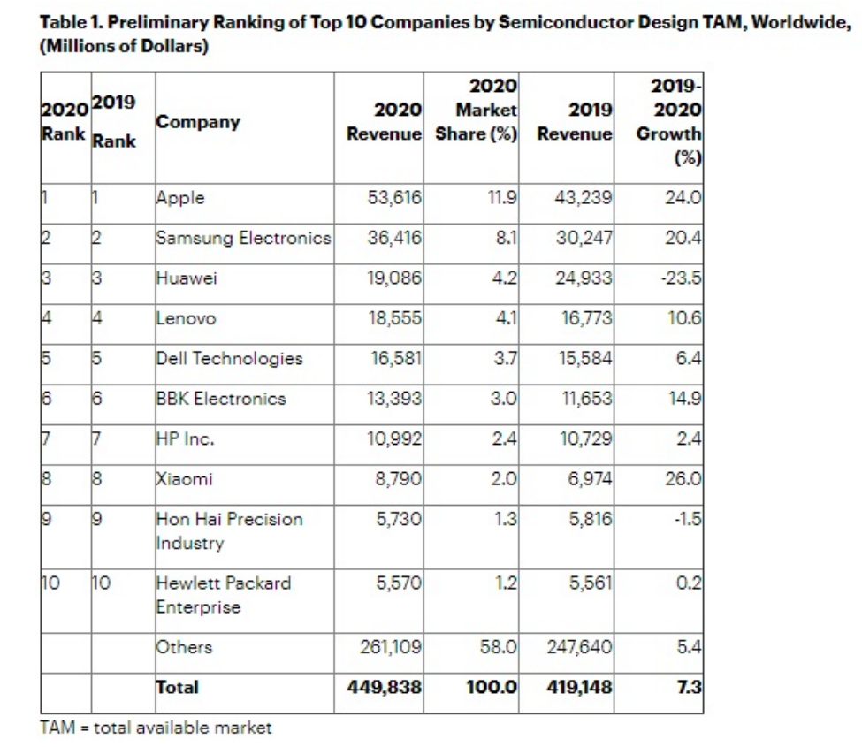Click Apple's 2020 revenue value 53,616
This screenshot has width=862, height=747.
(x=394, y=197)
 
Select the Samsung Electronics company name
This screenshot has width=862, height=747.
(x=243, y=237)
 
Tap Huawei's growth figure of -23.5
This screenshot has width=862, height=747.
(x=683, y=278)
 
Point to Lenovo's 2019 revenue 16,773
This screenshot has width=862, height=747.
(x=583, y=318)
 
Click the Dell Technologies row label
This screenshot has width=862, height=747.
(x=229, y=358)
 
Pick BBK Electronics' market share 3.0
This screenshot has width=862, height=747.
(x=503, y=398)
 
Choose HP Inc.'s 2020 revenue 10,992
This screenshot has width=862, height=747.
(x=394, y=438)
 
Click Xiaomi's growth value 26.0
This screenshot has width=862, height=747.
(x=683, y=479)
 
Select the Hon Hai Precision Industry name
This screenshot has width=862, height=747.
(x=229, y=530)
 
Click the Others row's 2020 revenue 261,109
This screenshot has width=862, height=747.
(x=391, y=647)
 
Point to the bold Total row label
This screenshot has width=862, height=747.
(x=178, y=687)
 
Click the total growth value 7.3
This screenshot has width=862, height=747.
(x=690, y=687)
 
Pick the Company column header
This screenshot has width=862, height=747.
(x=198, y=122)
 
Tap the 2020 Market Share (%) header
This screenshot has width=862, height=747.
(x=477, y=111)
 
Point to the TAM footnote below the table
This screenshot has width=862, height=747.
(x=156, y=728)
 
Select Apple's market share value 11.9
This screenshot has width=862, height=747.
(x=501, y=197)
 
